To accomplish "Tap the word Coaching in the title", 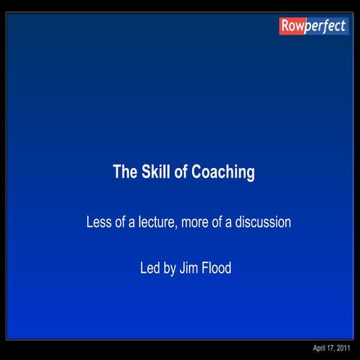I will (223, 172).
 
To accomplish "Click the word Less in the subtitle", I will (98, 223).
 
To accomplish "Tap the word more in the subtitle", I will (196, 223).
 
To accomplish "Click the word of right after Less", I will (119, 223).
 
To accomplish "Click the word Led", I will (150, 268).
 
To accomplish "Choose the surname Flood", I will (216, 268).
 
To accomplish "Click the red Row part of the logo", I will (292, 26).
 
